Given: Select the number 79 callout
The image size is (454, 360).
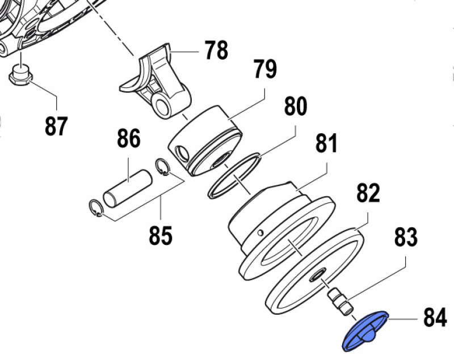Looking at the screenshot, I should click(x=265, y=70).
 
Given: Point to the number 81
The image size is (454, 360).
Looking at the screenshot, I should click(x=326, y=145).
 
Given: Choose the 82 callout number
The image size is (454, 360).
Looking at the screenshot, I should click(x=367, y=194).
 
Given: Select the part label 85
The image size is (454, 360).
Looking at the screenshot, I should click(x=161, y=235).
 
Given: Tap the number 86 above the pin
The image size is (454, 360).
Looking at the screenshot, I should click(x=129, y=139).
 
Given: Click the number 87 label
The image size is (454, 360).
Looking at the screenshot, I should click(x=57, y=126).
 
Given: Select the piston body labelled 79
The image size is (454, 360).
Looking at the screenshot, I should click(x=207, y=142).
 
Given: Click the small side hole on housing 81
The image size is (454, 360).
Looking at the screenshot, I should click(x=260, y=232).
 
